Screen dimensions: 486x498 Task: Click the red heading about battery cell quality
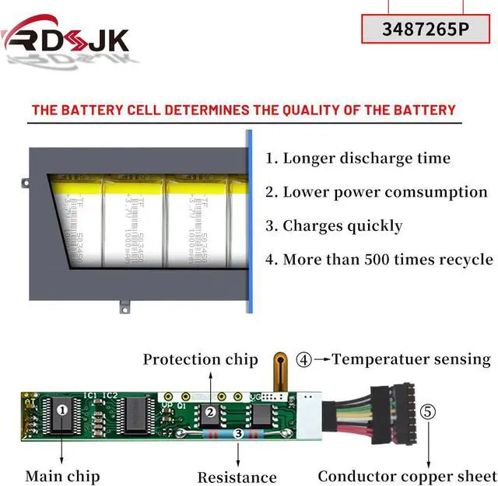pyautogui.click(x=243, y=110)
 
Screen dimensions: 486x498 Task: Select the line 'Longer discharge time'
pyautogui.click(x=358, y=159)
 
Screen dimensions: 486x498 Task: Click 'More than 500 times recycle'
pyautogui.click(x=379, y=260)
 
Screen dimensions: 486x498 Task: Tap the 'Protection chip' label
pyautogui.click(x=200, y=359)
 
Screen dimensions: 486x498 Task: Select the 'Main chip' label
pyautogui.click(x=63, y=476)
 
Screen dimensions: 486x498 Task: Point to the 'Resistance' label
pyautogui.click(x=237, y=477)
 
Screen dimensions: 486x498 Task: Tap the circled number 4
pyautogui.click(x=304, y=360)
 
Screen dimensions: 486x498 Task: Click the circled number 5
pyautogui.click(x=428, y=411)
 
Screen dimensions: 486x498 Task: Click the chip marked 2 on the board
pyautogui.click(x=209, y=412)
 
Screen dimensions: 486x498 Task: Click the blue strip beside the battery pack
pyautogui.click(x=250, y=222)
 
